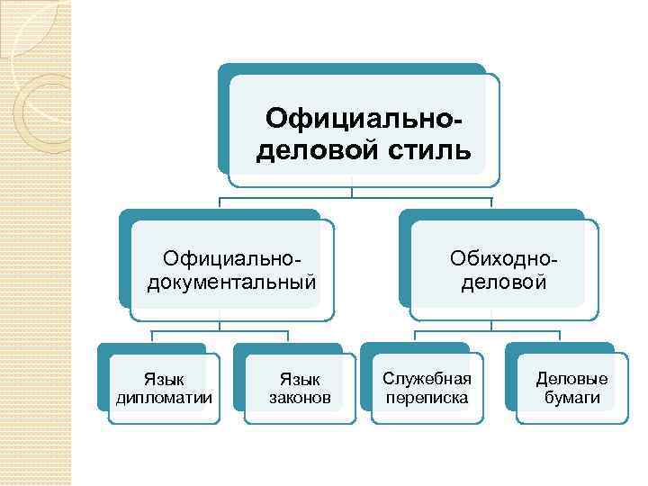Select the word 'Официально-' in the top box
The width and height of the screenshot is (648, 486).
pos(367,119)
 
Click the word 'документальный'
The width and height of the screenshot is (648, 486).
pos(231,283)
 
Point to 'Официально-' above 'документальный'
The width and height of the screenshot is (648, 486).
pos(231,260)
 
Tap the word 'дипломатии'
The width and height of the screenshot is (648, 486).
pos(165,397)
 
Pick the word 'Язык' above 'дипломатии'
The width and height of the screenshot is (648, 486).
pos(165,380)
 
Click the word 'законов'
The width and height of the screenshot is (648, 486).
pos(300,397)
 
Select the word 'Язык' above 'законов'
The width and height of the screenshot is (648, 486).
pos(300,380)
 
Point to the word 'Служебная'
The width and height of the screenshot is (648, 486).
pos(427,380)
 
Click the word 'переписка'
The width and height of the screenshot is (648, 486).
pos(427,397)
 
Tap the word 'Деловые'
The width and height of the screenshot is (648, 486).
pos(571,380)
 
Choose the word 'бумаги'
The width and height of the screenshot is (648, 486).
pos(571,397)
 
